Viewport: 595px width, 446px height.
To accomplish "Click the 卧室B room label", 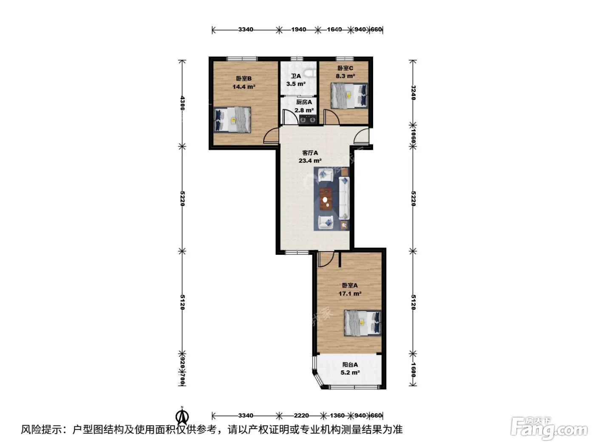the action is coord(244,79).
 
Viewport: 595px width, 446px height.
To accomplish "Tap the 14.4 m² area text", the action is coord(244,87).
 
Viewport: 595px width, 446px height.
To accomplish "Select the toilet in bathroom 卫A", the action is coord(311,73).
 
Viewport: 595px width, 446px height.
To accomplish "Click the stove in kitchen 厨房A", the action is coord(308,119).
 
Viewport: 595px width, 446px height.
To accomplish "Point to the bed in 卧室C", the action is coord(349,96).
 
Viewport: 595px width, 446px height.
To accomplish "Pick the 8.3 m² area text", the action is coord(345,76).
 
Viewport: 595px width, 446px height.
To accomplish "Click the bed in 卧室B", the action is coord(232,120).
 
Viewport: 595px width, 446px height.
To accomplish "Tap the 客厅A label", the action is coord(310,153).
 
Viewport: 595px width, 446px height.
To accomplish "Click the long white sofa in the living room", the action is coord(344,198).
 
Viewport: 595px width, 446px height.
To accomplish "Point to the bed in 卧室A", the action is coord(363,323).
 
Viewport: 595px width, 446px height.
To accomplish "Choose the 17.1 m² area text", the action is coord(350,294).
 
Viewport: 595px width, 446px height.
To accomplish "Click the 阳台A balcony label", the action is coord(350,364).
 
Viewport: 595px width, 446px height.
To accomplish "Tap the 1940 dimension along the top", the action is coord(298,29).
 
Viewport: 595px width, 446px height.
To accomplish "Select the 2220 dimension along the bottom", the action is coord(301,415).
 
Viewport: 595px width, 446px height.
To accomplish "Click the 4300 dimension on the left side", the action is coord(182,103).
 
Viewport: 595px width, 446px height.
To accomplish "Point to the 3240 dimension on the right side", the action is coord(413,93).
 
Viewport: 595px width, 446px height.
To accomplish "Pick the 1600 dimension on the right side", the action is coord(413,370).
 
